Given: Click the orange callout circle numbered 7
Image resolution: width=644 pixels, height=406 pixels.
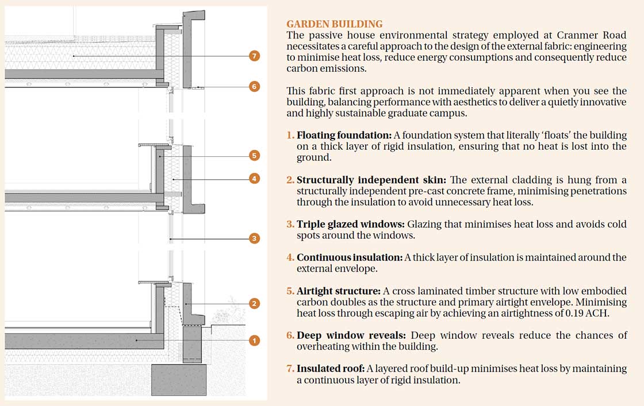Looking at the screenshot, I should [x=255, y=56].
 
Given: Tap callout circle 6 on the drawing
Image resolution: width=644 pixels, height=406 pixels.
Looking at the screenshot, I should [x=255, y=87].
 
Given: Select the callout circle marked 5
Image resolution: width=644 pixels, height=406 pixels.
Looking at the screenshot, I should [x=255, y=155].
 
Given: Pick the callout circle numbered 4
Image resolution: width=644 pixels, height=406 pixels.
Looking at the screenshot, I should [x=255, y=179].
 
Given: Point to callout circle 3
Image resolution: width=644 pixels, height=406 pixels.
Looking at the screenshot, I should [x=255, y=238].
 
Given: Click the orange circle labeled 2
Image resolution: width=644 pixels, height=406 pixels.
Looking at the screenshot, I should [x=255, y=303].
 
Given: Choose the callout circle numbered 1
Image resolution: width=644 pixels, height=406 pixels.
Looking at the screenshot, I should [x=255, y=341].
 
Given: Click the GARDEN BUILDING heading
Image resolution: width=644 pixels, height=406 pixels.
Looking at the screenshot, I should [x=334, y=24].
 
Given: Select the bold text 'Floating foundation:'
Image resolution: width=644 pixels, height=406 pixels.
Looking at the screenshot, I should [x=344, y=135].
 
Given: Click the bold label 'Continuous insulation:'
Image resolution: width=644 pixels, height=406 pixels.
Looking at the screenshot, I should [x=349, y=257].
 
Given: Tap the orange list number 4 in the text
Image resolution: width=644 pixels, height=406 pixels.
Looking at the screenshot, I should [x=290, y=257].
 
